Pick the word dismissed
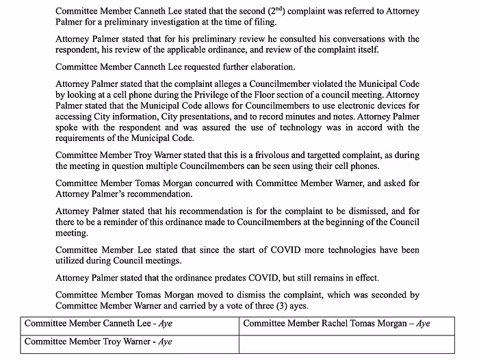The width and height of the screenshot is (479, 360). click(x=382, y=211)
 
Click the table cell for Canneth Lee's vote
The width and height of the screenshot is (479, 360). click(x=129, y=323)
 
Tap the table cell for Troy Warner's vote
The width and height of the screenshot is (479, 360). click(x=129, y=341)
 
